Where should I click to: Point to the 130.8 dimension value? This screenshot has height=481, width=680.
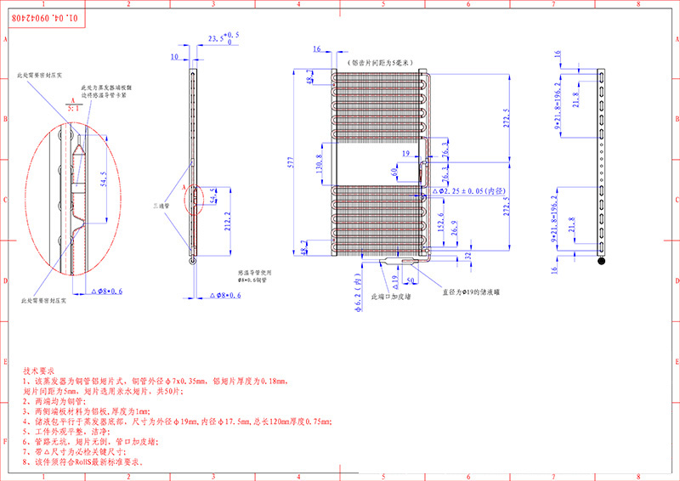point(319,162)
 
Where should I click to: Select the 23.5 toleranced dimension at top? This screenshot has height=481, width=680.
point(223,37)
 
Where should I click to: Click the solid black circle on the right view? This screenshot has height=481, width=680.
point(602,261)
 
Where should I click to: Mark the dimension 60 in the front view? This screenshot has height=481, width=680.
point(394,170)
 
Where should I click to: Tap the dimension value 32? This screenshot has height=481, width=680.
point(468,255)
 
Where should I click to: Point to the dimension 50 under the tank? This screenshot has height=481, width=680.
point(411,277)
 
